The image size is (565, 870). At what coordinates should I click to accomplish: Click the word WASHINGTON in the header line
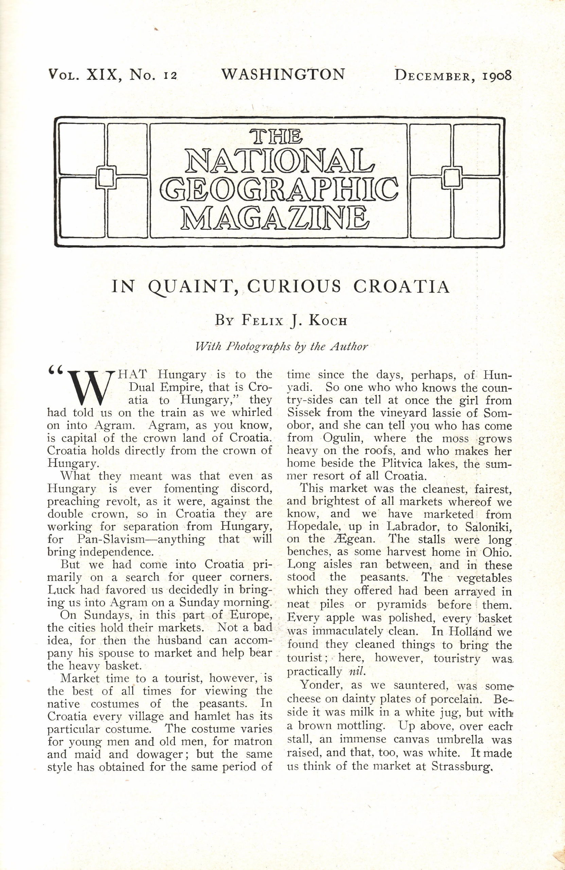[x=283, y=74]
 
